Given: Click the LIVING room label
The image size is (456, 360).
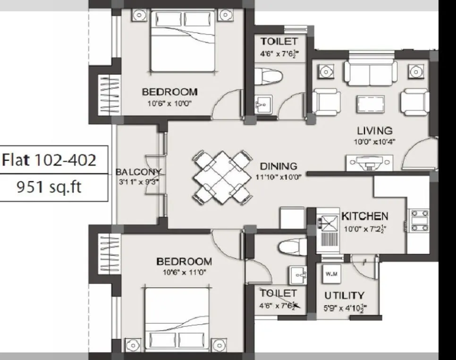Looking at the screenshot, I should (x=374, y=130).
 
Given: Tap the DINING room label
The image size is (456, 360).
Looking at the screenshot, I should (x=279, y=166).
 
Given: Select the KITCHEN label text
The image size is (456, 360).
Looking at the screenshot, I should (x=364, y=217).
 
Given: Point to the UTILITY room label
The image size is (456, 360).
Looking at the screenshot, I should (x=344, y=295).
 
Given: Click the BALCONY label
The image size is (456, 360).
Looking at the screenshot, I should (x=139, y=172).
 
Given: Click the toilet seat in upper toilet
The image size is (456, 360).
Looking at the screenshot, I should (x=268, y=75).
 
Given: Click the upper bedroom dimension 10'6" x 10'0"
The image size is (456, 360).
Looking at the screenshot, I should (x=170, y=103).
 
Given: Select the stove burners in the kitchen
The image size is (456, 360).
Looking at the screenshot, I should (x=417, y=220).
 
